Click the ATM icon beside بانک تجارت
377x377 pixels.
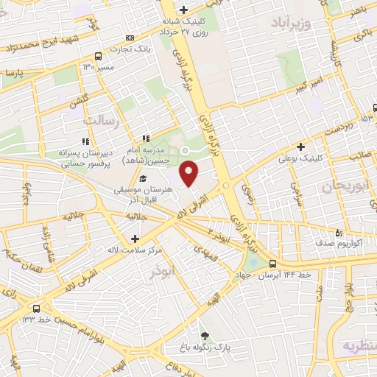pos(130,38)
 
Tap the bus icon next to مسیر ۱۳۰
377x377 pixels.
pos(98,56)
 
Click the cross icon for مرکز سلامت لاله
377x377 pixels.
pos(135,239)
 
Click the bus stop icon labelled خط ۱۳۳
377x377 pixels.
pos(35,308)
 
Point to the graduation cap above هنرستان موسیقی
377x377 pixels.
pos(142,178)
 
